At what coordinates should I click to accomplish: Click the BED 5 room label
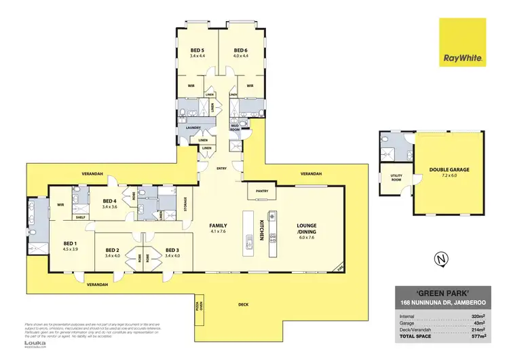[199, 50]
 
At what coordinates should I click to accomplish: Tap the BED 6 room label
[240, 50]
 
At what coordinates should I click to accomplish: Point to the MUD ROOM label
[235, 127]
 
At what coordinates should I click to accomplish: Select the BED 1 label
[71, 243]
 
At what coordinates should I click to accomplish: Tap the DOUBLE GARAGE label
[449, 170]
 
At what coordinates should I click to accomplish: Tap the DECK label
[243, 304]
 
